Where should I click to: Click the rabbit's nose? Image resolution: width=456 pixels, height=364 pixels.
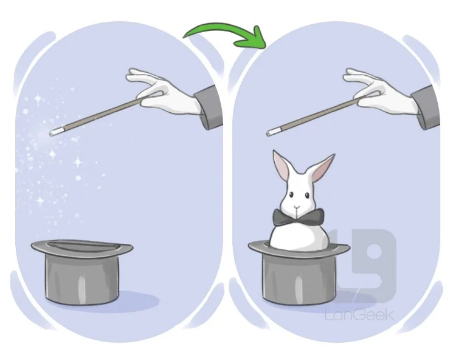296,207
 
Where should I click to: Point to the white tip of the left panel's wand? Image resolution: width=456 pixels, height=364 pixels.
54,133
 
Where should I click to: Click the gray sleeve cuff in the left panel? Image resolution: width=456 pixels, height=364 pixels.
209,107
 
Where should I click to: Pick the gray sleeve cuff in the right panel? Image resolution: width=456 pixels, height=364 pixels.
426,107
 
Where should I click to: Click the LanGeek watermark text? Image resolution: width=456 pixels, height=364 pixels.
359,315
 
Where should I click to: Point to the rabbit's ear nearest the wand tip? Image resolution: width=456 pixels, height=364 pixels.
282,166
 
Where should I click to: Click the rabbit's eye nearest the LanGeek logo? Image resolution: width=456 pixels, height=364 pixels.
307,196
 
